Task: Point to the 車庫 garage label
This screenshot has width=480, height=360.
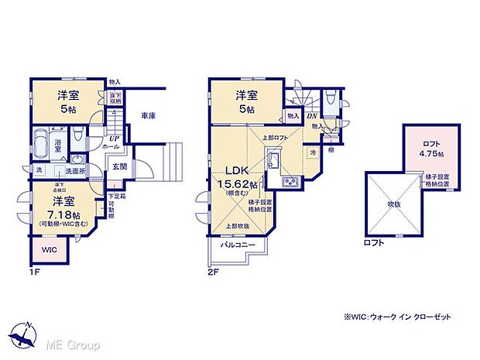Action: point(149,116)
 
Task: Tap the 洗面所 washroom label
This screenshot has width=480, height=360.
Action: point(74,171)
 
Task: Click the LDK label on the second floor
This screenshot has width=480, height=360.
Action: point(235,171)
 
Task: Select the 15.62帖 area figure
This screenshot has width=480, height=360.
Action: point(240,184)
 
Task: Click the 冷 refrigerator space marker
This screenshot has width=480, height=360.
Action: point(313,153)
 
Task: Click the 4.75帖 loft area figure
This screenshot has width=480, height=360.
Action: point(431,153)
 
